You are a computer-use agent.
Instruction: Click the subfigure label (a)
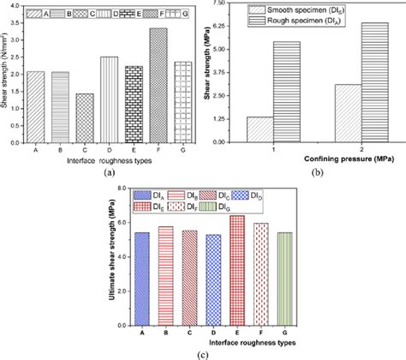coord(109,171)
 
